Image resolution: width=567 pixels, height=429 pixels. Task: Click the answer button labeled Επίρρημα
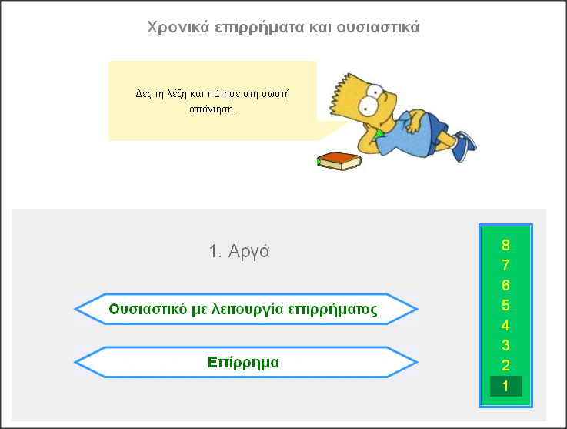pos(243,362)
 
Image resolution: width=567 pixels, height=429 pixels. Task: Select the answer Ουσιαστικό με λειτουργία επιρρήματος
pos(243,310)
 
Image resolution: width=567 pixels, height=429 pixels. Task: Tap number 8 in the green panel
pos(505,246)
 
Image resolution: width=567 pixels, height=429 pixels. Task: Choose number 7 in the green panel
pos(505,266)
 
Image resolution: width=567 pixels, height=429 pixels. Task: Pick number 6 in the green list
pos(505,286)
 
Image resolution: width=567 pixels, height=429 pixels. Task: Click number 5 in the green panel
pos(505,306)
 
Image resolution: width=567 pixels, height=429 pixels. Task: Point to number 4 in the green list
pos(505,326)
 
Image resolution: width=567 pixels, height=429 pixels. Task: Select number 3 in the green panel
pos(505,346)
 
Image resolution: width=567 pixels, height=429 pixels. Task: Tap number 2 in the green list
pos(505,366)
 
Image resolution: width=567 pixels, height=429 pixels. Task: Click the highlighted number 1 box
pos(505,386)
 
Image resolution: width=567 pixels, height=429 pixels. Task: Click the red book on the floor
pos(339,160)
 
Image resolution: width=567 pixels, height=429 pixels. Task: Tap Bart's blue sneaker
pos(464,144)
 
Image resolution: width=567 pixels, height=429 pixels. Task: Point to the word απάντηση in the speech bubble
pos(212,109)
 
